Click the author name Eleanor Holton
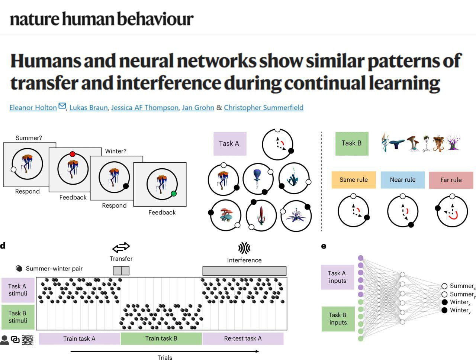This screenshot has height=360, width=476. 33,107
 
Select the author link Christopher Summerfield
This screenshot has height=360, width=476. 264,107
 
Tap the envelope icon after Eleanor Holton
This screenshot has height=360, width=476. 62,106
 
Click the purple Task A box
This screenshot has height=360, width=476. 229,143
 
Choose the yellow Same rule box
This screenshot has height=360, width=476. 353,180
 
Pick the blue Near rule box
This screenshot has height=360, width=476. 402,180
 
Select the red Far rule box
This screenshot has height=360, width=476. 451,180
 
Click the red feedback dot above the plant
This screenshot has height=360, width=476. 73,154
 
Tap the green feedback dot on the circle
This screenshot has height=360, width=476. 173,194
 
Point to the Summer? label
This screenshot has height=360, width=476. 29,138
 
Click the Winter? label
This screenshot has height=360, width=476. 116,151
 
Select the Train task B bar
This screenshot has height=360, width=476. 161,338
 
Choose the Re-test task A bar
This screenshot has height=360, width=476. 243,338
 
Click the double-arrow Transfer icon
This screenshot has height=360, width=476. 121,247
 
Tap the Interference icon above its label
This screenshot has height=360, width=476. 244,248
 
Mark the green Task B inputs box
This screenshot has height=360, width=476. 338,318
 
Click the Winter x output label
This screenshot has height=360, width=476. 460,302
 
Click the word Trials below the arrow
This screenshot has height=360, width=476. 165,357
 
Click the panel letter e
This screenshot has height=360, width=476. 324,246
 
